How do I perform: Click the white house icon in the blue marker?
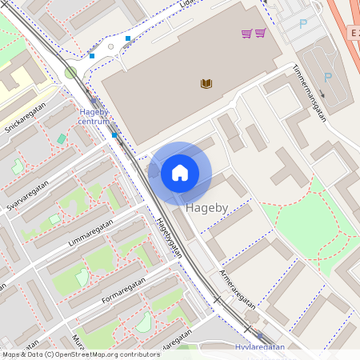tap(180, 173)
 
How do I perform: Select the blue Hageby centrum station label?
tap(94, 117)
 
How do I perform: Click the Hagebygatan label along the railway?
tap(169, 238)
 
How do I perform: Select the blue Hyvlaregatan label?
tap(260, 348)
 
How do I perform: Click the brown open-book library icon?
tap(206, 83)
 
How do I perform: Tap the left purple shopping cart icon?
tap(247, 33)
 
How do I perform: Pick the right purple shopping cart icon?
tap(260, 33)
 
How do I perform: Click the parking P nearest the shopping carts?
tap(302, 24)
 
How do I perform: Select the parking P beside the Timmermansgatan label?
tap(327, 77)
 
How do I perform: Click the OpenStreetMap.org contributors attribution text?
tap(104, 354)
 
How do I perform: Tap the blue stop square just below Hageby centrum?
tap(114, 135)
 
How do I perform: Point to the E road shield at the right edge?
tap(353, 33)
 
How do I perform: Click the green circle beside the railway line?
tap(71, 73)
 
